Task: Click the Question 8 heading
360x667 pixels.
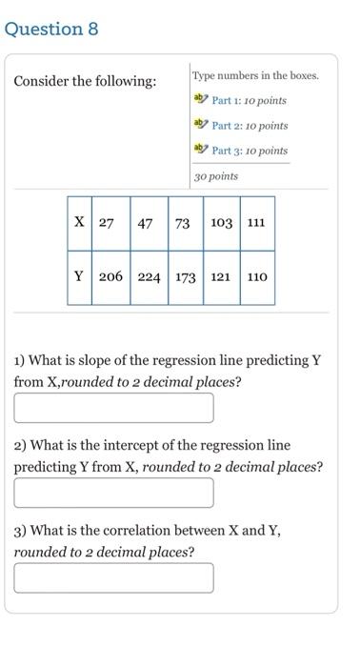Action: click(x=51, y=29)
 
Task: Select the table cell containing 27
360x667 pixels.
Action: click(x=106, y=223)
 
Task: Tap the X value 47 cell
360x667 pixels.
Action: click(x=146, y=223)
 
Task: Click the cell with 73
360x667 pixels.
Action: click(x=183, y=223)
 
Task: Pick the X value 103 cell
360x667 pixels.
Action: click(x=221, y=223)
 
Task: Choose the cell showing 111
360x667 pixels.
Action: click(x=256, y=223)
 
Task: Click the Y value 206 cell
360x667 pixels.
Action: click(x=110, y=277)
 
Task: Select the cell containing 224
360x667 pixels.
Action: click(x=149, y=277)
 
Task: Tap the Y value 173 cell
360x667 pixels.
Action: click(x=185, y=277)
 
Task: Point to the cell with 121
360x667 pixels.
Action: click(x=221, y=277)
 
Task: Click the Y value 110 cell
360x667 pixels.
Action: click(x=256, y=277)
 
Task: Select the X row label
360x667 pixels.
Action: click(x=79, y=223)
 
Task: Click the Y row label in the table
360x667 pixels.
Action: click(x=79, y=277)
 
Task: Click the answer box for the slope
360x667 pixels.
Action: click(x=113, y=408)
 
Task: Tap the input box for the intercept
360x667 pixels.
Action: click(x=113, y=493)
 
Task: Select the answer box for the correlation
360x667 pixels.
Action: click(x=113, y=577)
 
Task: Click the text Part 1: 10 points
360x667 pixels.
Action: click(x=249, y=100)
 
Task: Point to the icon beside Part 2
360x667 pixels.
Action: click(x=200, y=125)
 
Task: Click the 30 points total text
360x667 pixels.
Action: click(x=216, y=176)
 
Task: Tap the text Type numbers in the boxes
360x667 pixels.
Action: click(x=255, y=75)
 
